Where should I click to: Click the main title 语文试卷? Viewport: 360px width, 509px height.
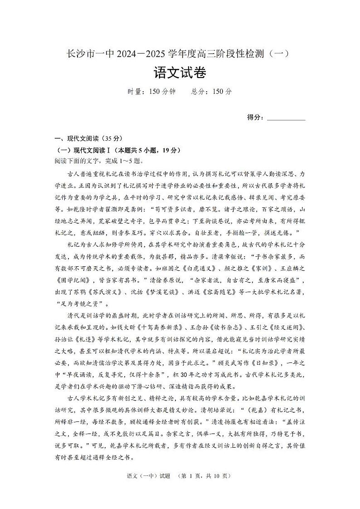[x=180, y=73]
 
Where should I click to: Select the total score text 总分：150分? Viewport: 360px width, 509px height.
[x=211, y=91]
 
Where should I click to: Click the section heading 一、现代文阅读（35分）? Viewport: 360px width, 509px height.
[x=88, y=139]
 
